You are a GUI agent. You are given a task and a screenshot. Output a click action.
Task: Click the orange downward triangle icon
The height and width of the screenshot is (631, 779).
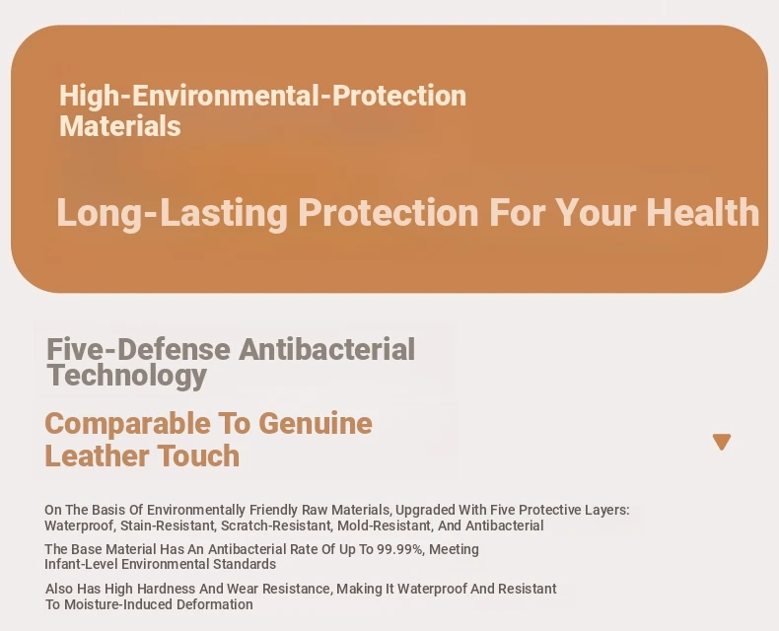[722, 441]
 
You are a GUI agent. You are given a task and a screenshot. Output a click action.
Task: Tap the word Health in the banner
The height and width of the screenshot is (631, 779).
[702, 212]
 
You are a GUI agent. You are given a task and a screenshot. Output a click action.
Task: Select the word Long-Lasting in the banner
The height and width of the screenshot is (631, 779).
[172, 214]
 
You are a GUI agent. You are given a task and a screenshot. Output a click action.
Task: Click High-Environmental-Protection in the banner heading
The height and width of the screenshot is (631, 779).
[263, 96]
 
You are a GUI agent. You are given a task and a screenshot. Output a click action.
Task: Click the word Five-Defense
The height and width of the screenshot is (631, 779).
[138, 349]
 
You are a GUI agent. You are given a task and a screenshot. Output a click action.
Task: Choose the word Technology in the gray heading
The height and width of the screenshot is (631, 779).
[127, 376]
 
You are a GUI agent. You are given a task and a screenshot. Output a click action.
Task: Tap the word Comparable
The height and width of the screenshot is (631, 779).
[127, 425]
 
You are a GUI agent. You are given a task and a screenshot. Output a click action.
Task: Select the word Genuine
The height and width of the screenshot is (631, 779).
[316, 423]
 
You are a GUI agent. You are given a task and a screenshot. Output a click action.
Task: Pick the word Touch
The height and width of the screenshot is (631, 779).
[199, 456]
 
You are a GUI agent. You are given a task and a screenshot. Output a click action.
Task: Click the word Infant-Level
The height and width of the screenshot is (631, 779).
[81, 564]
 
